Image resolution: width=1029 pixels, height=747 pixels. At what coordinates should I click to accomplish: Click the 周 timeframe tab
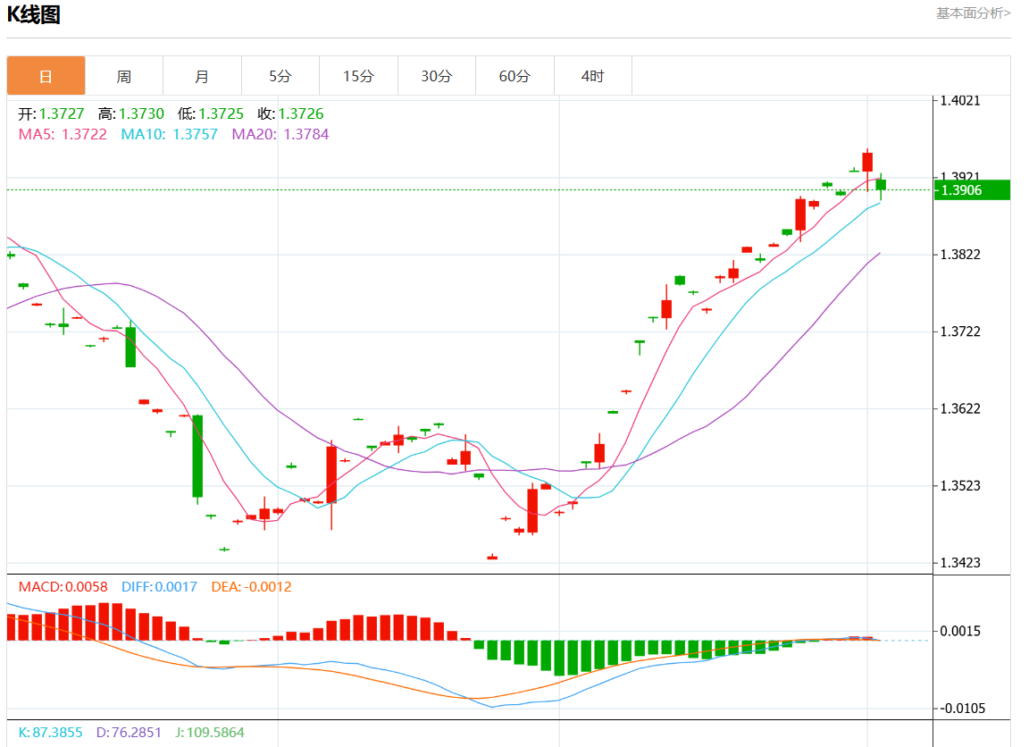coord(124,76)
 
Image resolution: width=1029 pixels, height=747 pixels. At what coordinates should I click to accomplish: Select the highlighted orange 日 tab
coord(46,76)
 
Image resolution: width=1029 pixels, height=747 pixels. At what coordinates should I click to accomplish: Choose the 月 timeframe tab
coord(202,76)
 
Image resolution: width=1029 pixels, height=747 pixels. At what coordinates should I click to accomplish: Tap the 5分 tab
coord(280,76)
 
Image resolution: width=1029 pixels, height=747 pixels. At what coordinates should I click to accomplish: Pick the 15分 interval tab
coord(358,76)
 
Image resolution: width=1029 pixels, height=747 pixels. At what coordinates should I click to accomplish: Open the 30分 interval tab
coord(437,76)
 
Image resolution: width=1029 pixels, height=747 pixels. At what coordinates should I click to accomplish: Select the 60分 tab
coord(514,76)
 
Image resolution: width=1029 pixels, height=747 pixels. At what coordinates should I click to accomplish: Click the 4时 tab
coord(592,76)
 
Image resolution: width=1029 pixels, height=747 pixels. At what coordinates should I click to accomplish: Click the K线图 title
coord(33,14)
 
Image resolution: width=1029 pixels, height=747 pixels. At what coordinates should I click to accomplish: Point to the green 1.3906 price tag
coord(972,190)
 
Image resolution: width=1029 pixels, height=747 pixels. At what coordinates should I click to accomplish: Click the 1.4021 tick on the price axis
coord(960,100)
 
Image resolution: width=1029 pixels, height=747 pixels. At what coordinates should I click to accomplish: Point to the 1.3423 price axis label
coord(960,563)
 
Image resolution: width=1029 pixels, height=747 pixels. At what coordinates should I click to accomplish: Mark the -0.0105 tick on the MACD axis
coord(962,709)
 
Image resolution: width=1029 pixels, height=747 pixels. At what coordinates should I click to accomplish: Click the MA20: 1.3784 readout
coord(280,135)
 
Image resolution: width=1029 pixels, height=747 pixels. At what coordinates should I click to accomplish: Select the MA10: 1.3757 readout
coord(170,135)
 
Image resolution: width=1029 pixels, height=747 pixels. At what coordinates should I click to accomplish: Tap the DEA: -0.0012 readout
coord(251,587)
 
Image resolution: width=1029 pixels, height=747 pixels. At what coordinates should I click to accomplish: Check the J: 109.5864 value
coord(209,733)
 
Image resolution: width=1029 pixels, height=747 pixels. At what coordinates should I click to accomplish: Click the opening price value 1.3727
coord(62,113)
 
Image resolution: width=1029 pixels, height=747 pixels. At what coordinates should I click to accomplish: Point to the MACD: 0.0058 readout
coord(63,587)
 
